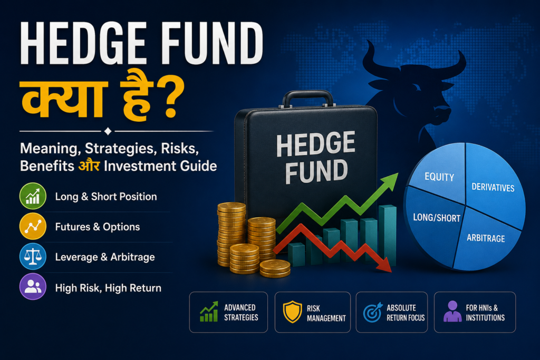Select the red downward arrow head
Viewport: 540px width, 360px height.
pos(384,265)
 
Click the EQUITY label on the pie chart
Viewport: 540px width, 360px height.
pos(439,177)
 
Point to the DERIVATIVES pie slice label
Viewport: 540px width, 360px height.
pos(493,187)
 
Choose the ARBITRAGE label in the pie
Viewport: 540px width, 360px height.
pos(486,238)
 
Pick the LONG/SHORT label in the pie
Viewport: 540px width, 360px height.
pos(437,218)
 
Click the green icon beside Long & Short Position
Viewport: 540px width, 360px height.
pos(33,196)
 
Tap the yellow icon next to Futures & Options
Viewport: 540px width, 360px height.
pos(33,227)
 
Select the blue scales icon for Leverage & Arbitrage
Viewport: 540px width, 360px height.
pos(33,256)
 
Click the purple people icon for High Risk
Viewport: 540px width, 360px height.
pos(33,287)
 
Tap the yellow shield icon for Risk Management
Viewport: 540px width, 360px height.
pos(292,312)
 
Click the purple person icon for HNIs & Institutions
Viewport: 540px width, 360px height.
pos(452,312)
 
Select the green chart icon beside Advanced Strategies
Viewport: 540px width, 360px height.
pos(209,312)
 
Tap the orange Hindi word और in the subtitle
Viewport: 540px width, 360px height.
pos(89,166)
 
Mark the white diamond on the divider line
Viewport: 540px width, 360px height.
pos(108,131)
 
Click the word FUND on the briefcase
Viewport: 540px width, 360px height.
pos(316,171)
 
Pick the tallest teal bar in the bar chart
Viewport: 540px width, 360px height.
pos(388,236)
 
